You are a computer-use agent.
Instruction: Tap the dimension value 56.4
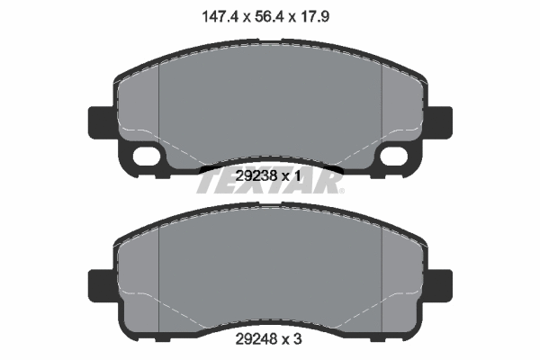[x=270, y=16]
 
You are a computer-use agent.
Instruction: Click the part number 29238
[x=256, y=176]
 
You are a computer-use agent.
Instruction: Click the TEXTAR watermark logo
[x=270, y=184]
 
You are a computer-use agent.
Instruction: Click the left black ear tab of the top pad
[x=99, y=121]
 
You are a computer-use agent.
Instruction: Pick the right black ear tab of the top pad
[x=440, y=121]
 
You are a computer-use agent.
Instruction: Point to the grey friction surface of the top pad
[x=270, y=108]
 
